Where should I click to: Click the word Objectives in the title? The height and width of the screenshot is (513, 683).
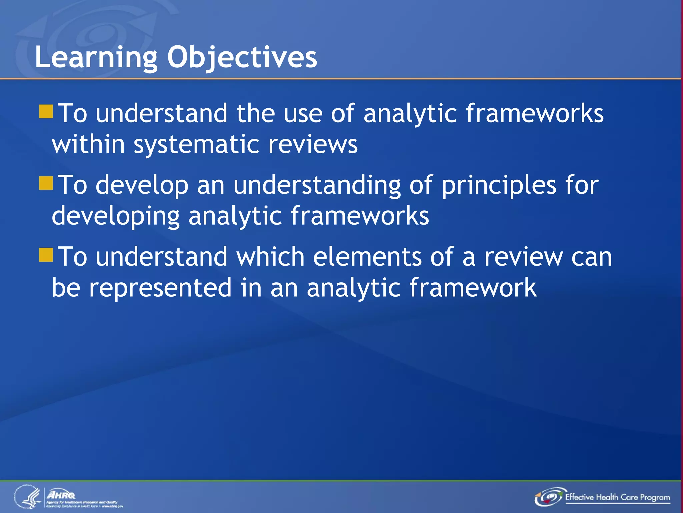(x=242, y=57)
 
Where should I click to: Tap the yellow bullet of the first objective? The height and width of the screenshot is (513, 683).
(x=46, y=112)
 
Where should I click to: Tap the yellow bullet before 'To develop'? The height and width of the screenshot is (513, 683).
(x=46, y=183)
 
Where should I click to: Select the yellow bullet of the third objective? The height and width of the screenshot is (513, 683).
(x=46, y=255)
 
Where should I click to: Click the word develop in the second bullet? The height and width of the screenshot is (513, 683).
(x=142, y=185)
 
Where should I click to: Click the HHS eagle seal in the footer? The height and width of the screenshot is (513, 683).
(x=28, y=497)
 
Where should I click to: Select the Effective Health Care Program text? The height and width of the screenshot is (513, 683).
(x=617, y=497)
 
